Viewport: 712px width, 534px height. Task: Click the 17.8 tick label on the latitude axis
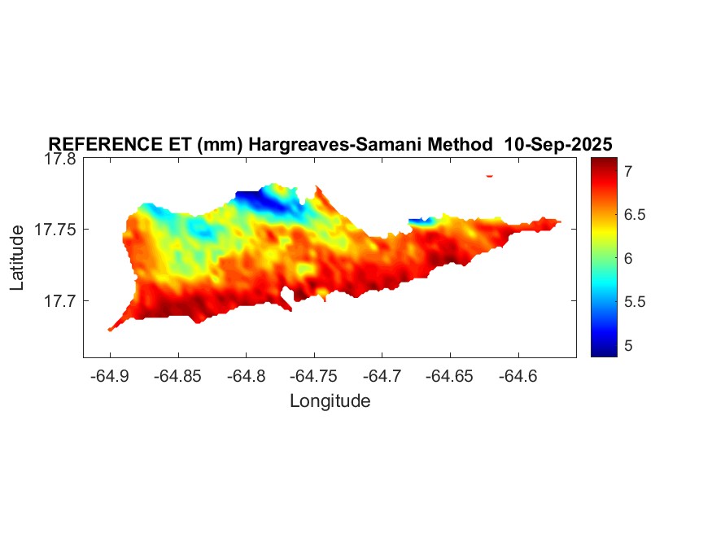pyautogui.click(x=59, y=160)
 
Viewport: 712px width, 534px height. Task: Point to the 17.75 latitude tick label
pyautogui.click(x=55, y=230)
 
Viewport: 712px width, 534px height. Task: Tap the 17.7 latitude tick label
pyautogui.click(x=59, y=300)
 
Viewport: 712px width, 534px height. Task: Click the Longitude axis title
pyautogui.click(x=330, y=400)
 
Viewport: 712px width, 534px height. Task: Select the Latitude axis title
pyautogui.click(x=18, y=259)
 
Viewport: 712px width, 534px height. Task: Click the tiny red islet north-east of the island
pyautogui.click(x=490, y=175)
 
